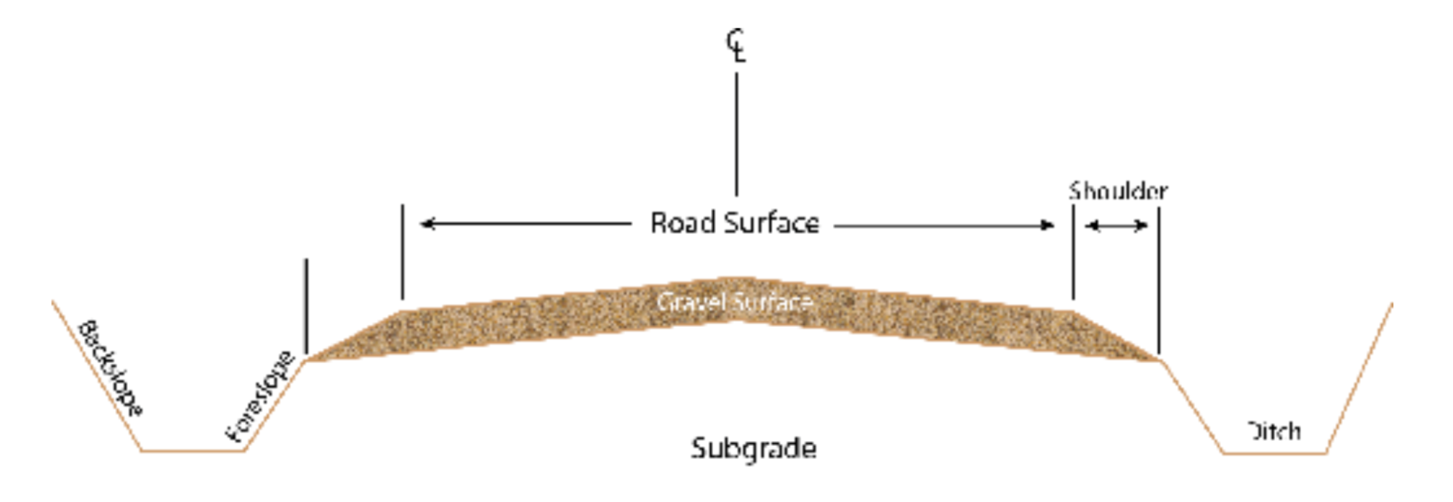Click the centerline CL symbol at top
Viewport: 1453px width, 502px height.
(736, 46)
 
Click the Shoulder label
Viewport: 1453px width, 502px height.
(1118, 191)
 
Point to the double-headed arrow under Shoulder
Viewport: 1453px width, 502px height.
(1116, 226)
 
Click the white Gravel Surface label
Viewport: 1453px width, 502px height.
(734, 301)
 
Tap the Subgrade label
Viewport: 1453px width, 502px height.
(753, 448)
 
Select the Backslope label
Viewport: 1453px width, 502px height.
(110, 368)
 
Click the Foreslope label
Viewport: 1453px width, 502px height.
(259, 397)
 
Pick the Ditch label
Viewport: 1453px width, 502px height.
(1273, 432)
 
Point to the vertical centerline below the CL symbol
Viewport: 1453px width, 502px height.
(736, 134)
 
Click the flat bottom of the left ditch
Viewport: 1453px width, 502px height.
(193, 450)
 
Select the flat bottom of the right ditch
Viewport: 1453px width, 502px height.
(1274, 453)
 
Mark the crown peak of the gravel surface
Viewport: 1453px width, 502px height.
(736, 279)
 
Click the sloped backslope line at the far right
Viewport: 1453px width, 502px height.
(1359, 378)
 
